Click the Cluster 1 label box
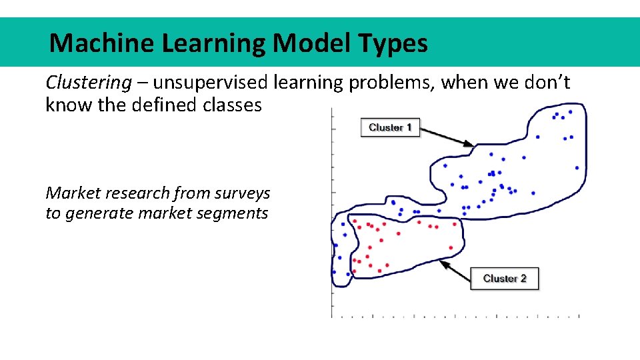[x=390, y=127]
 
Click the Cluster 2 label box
[x=505, y=279]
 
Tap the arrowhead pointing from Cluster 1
[x=470, y=143]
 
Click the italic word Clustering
[x=89, y=83]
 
